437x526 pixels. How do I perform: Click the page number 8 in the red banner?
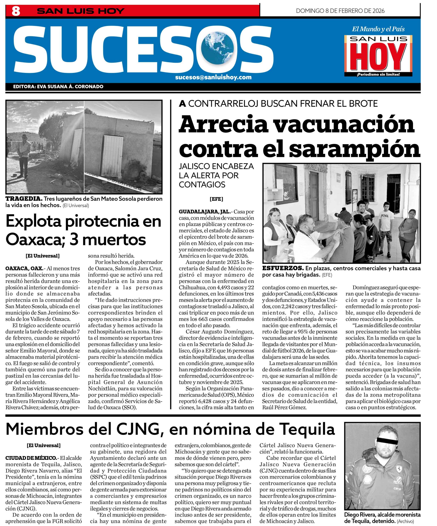(16, 11)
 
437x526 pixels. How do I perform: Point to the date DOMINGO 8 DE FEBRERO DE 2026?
(340, 11)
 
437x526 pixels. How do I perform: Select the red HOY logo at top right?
(378, 57)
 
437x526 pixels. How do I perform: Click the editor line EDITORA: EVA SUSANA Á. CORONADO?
(58, 87)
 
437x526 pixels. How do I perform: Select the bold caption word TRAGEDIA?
(24, 199)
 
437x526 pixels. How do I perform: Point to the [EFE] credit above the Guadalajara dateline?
(216, 199)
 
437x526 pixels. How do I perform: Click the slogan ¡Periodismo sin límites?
(378, 74)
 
